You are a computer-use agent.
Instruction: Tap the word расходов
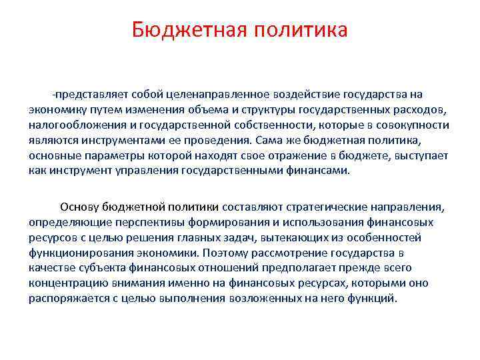point(411,109)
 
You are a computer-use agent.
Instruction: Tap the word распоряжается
point(65,298)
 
